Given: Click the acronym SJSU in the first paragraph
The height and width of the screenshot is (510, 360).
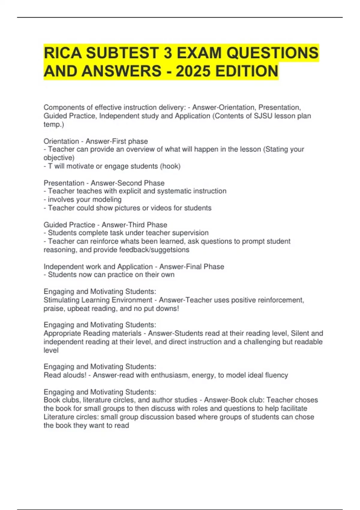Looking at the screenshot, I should pyautogui.click(x=264, y=116).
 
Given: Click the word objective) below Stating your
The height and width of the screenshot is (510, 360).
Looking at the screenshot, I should pyautogui.click(x=59, y=158).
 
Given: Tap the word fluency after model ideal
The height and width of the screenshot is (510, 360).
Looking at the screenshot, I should pyautogui.click(x=276, y=375).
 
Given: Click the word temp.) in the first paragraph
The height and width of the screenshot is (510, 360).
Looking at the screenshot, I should pyautogui.click(x=54, y=124).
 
